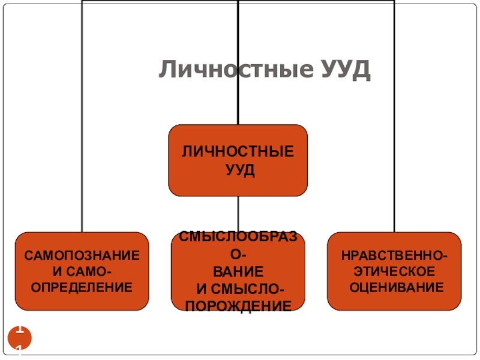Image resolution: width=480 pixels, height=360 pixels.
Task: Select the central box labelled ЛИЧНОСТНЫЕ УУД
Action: click(x=238, y=160)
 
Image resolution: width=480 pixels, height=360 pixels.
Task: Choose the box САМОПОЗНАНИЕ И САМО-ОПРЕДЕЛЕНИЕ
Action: click(x=82, y=271)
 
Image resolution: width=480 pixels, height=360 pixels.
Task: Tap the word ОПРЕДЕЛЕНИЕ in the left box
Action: click(x=82, y=288)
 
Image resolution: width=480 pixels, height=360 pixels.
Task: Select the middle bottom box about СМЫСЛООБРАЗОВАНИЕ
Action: click(x=238, y=272)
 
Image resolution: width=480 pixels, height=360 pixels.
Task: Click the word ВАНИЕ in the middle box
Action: click(x=238, y=271)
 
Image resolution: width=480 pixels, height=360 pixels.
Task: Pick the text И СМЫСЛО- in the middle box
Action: click(x=238, y=290)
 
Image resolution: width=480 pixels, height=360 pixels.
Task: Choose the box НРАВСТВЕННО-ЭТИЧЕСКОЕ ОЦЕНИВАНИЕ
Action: click(x=394, y=271)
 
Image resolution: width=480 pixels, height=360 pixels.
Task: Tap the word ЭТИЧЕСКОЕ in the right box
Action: click(x=394, y=272)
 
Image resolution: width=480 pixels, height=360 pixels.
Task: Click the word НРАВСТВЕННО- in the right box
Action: click(x=394, y=256)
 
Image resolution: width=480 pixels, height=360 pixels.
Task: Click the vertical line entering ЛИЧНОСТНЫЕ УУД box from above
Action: click(x=238, y=60)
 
